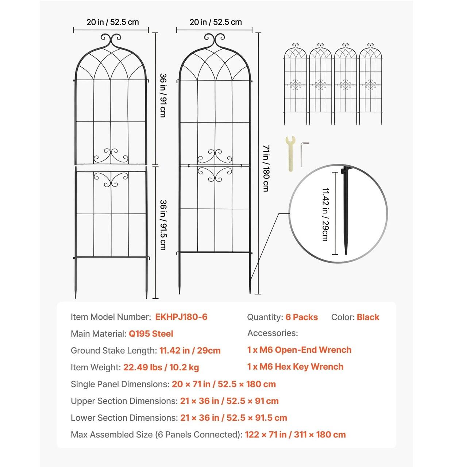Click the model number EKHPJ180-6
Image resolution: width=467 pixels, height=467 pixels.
[x=181, y=317]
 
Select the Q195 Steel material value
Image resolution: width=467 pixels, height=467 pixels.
[x=151, y=334]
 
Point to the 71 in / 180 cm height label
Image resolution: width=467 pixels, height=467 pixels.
[x=266, y=169]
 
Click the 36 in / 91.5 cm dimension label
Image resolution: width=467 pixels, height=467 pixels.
[x=163, y=224]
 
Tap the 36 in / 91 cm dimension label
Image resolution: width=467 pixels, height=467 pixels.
[x=163, y=96]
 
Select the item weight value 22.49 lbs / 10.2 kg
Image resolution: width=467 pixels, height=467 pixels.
[x=161, y=367]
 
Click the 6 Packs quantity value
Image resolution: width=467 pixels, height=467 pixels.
[x=301, y=317]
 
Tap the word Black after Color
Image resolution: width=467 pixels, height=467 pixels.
[x=368, y=317]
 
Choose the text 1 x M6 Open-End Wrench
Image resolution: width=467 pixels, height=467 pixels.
[x=299, y=350]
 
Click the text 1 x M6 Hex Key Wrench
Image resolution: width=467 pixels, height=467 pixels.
[x=295, y=367]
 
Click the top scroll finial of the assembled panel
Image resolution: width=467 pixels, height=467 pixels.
[x=214, y=39]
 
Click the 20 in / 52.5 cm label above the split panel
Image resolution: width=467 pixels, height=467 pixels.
[x=113, y=22]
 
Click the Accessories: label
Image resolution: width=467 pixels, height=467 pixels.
[x=273, y=333]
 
